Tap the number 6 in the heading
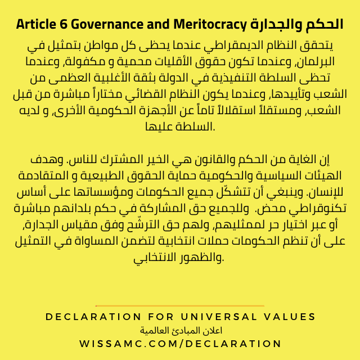click(62, 25)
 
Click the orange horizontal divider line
click(180, 306)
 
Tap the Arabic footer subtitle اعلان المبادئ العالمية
click(179, 330)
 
